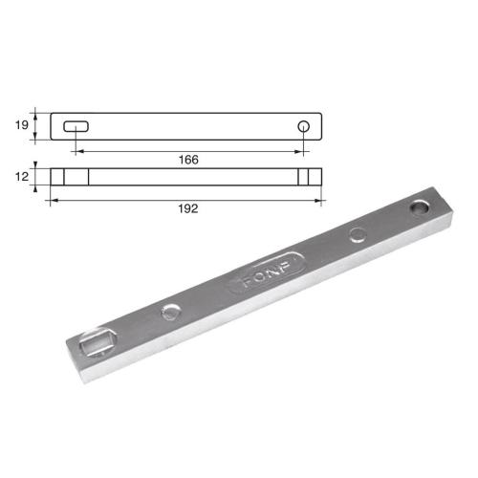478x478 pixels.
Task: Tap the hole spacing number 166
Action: (x=188, y=160)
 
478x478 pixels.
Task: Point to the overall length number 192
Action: (x=188, y=208)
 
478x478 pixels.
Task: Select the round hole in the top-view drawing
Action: (x=304, y=126)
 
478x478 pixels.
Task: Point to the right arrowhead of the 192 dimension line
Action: (x=320, y=200)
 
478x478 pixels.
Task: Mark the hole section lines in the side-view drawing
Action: (x=304, y=177)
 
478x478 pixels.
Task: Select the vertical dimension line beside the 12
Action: (x=36, y=177)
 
